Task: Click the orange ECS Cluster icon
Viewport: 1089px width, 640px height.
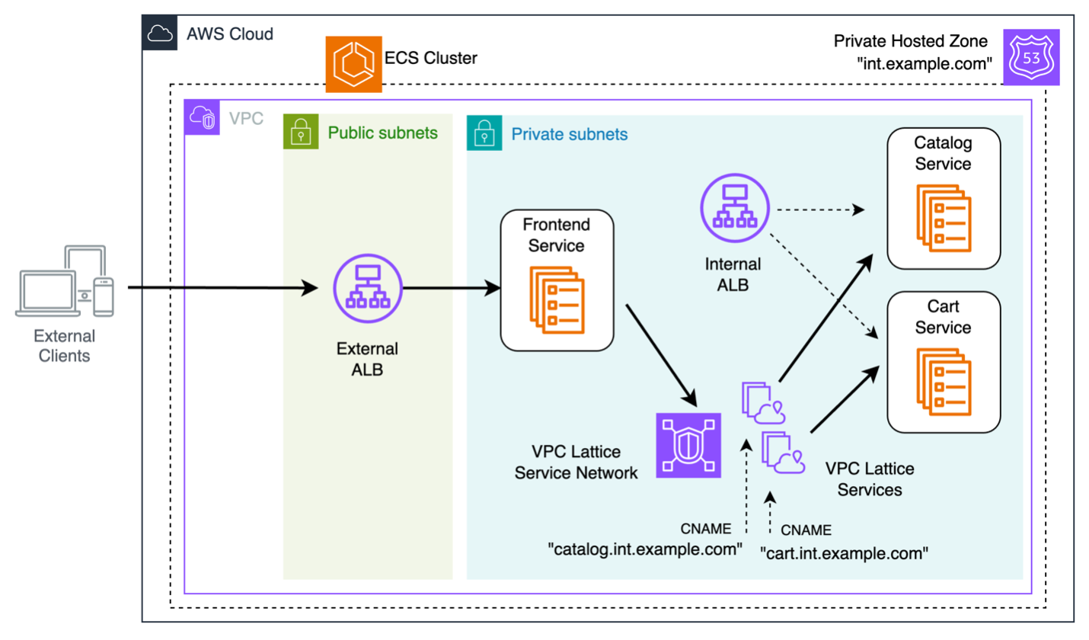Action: coord(353,65)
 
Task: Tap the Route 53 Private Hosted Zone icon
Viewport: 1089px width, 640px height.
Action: coord(1030,59)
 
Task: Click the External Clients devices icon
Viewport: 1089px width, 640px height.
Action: coord(65,281)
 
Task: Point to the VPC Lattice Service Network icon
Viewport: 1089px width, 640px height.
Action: coord(688,445)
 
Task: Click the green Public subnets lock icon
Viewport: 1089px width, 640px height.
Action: coord(301,132)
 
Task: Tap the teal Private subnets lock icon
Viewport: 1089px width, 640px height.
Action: coord(484,132)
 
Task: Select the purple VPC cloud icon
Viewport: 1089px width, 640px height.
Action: coord(203,118)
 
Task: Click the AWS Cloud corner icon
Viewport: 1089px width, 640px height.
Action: coord(158,34)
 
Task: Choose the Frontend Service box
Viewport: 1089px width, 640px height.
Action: coord(557,280)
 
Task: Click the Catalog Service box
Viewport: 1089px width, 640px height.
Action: coord(943,199)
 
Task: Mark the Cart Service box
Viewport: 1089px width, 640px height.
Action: coord(943,363)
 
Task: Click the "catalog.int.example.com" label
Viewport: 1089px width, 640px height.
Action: coord(645,549)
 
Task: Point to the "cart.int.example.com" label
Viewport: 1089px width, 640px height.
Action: coord(844,553)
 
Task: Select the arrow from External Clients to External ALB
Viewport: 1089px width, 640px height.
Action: coord(228,288)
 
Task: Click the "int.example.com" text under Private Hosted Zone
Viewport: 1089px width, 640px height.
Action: coord(924,64)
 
